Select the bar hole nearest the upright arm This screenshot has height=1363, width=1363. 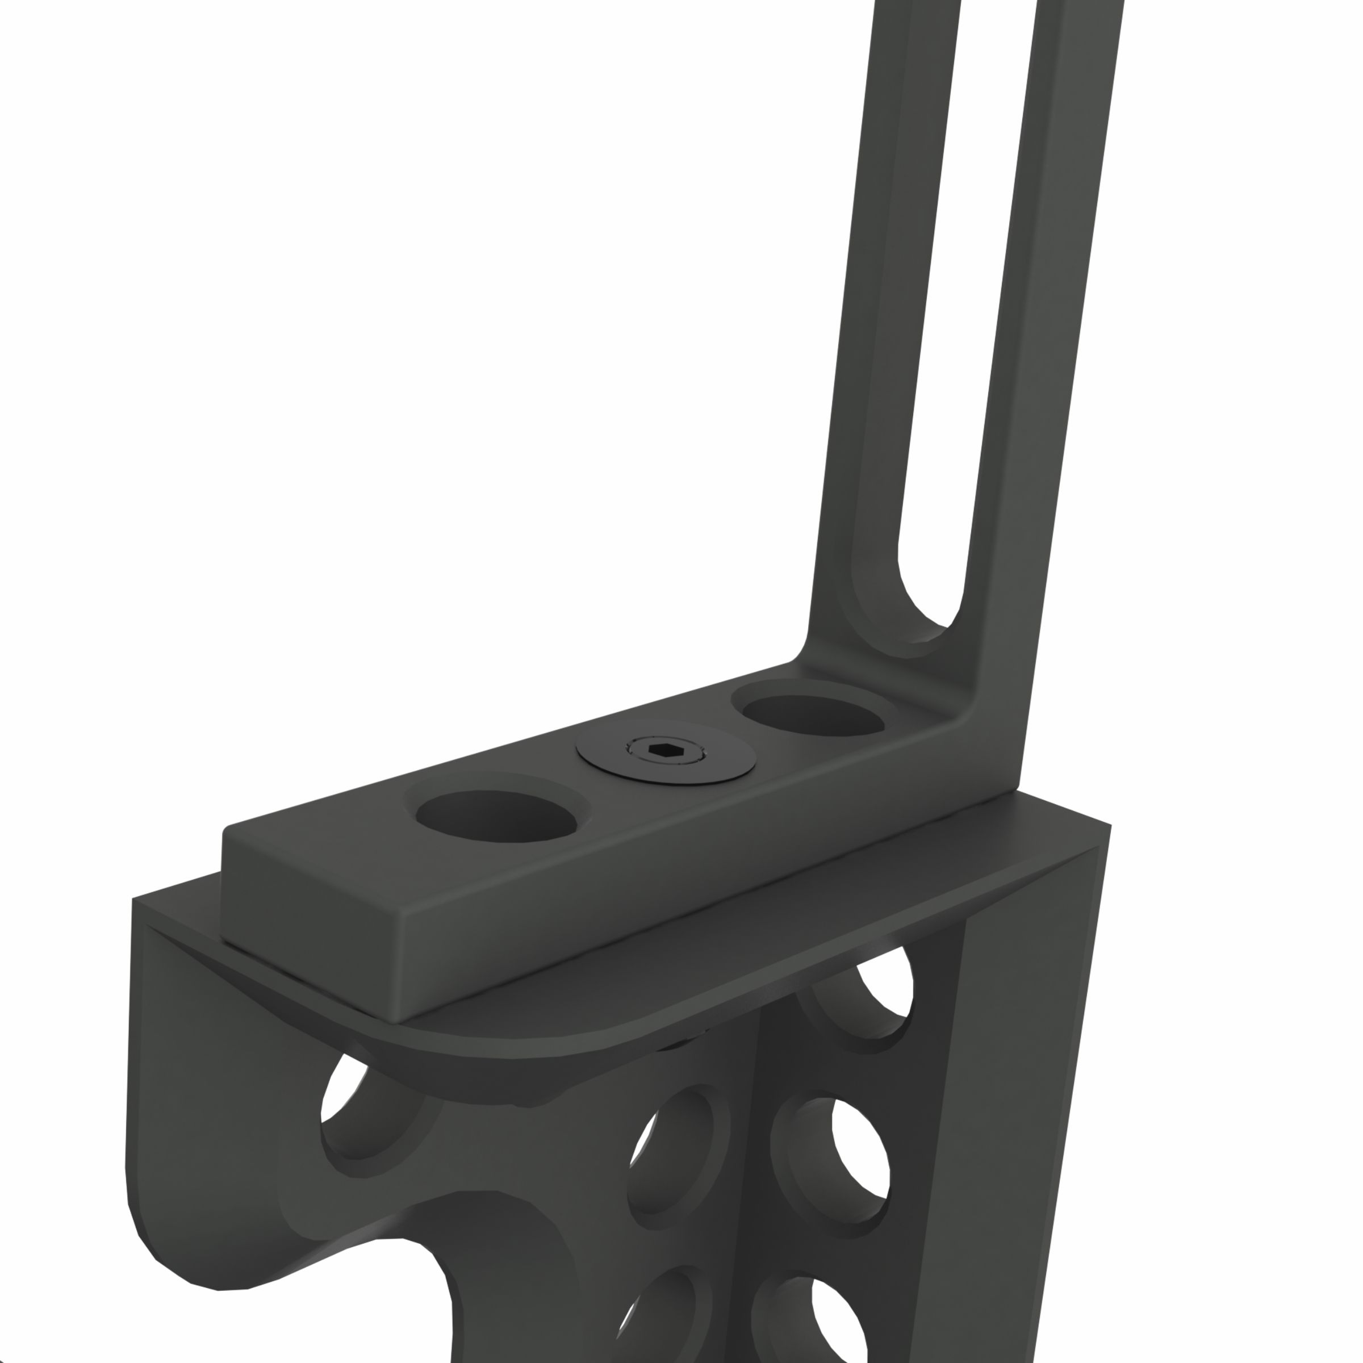pos(808,714)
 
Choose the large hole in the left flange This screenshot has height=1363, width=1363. pos(360,1111)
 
